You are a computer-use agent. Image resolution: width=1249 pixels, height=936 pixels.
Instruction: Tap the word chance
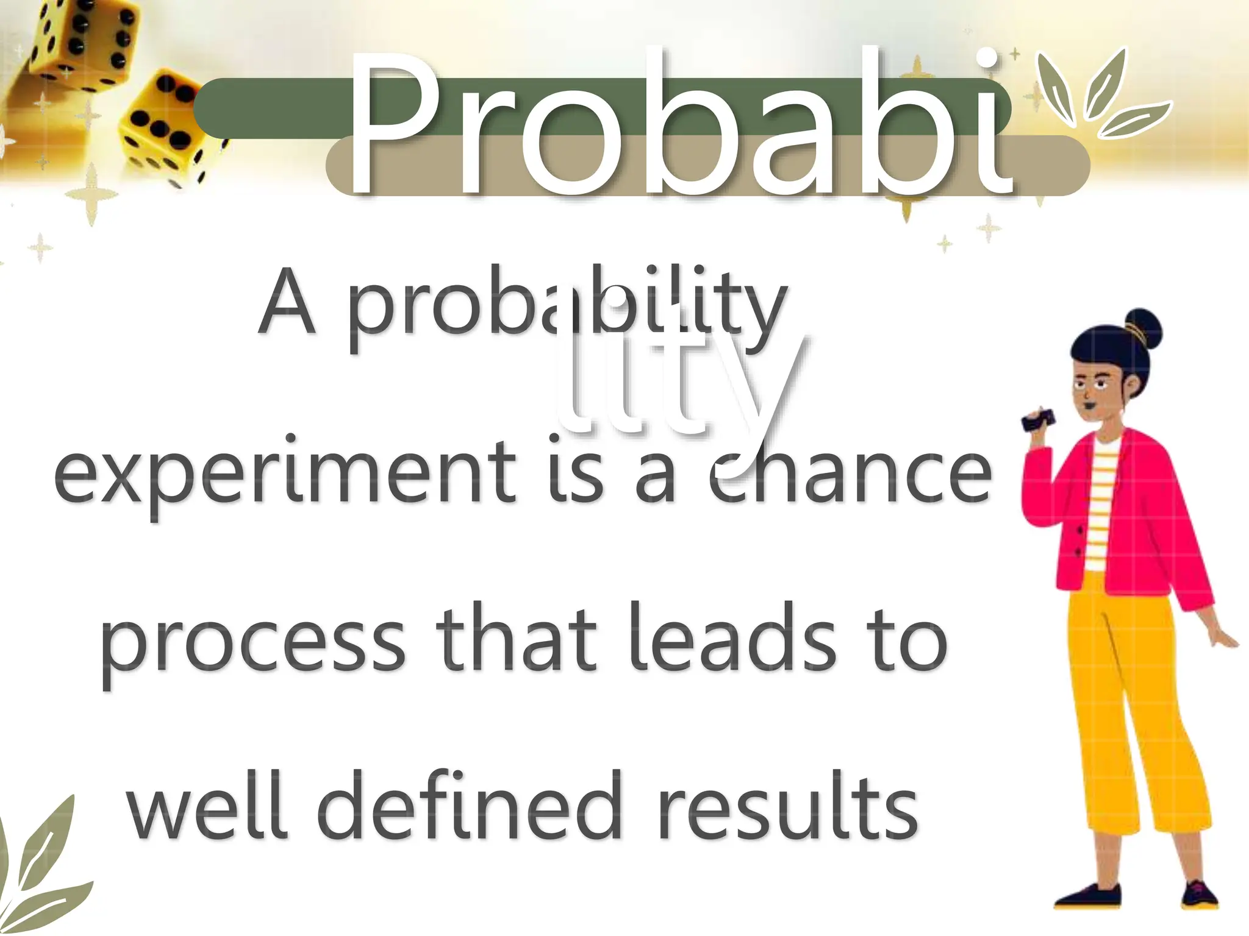pyautogui.click(x=851, y=472)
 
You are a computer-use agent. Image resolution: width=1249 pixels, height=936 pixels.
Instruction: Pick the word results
pyautogui.click(x=787, y=807)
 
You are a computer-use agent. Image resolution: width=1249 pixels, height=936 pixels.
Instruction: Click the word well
pyautogui.click(x=207, y=807)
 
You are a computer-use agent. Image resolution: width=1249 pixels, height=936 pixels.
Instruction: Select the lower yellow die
pyautogui.click(x=165, y=128)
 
